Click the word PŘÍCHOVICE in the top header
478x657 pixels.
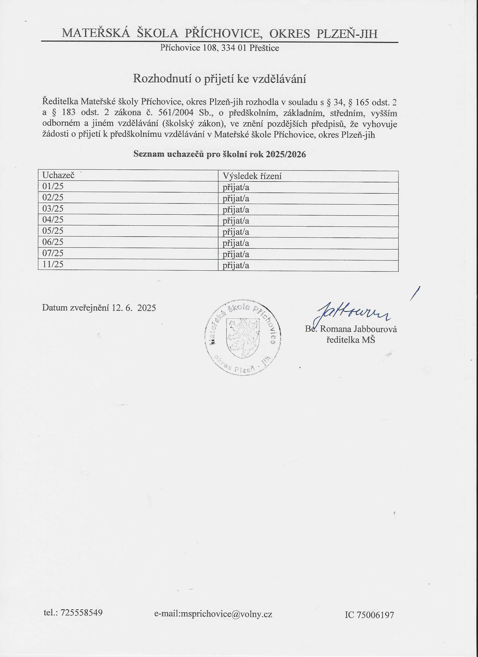coord(222,34)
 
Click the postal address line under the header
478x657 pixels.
coord(219,48)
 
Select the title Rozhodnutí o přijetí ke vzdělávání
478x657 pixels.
coord(219,79)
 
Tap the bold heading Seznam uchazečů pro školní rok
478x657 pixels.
coord(219,154)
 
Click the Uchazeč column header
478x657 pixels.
coord(58,175)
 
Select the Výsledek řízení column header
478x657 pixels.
coord(252,176)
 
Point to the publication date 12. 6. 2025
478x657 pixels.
coord(134,308)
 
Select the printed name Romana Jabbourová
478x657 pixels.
coord(358,329)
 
